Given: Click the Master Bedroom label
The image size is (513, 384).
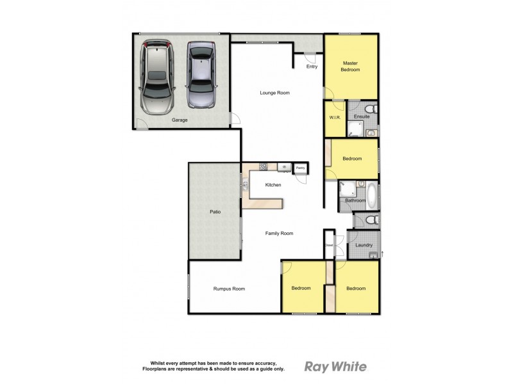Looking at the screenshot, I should [349, 67].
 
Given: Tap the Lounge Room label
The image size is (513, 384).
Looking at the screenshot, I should [274, 93].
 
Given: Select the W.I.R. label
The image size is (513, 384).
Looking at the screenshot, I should [333, 117].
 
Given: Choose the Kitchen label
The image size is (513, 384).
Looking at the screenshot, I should [274, 185].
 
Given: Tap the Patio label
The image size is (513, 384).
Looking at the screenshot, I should [215, 211].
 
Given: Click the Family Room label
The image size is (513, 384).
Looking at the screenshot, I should [279, 234].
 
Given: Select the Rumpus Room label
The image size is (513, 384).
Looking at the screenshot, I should [229, 289].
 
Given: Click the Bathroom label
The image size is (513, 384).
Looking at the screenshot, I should [355, 201].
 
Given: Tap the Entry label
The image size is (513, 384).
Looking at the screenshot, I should [312, 66].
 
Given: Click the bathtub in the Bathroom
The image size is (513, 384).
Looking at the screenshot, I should [372, 191].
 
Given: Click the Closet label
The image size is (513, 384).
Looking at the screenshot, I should [329, 244].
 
